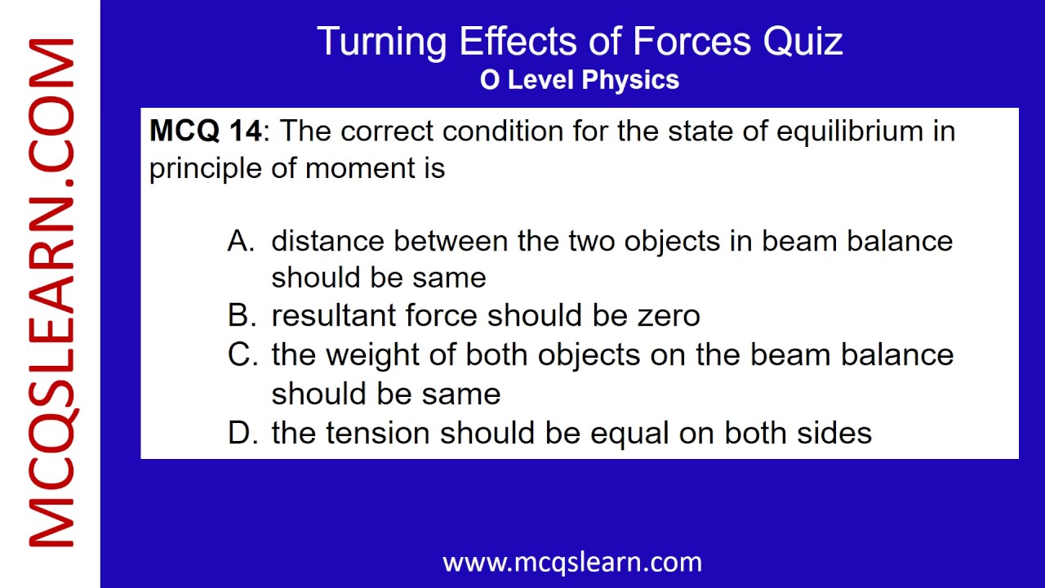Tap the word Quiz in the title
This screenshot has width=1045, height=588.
coord(803,42)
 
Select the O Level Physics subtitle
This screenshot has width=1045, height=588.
coord(580,80)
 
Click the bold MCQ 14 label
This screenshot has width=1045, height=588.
coord(206,131)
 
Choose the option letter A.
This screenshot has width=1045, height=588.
coord(241,241)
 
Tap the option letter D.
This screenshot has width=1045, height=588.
coord(241,433)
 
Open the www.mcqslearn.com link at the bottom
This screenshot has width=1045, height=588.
coord(571,562)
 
